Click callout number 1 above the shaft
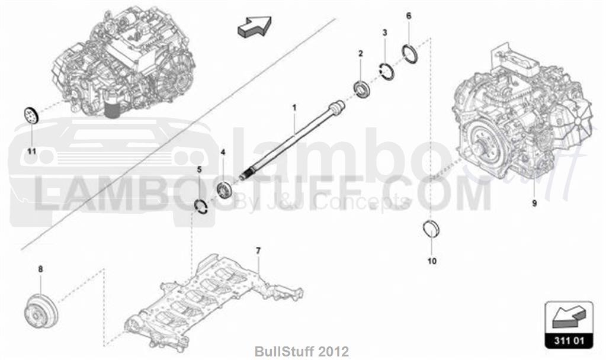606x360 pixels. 294,107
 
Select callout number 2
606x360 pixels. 361,53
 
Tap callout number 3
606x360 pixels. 384,33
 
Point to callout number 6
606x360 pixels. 409,16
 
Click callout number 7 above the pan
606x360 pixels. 258,251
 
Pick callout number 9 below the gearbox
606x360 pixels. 534,202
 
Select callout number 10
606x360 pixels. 432,261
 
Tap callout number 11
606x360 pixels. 31,151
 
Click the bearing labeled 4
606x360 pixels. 224,189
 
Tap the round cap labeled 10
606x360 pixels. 431,229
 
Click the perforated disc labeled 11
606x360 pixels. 30,115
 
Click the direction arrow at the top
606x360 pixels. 254,27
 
